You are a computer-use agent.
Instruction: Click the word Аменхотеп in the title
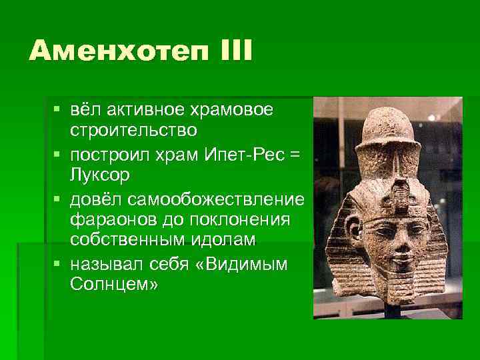(x=109, y=51)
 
